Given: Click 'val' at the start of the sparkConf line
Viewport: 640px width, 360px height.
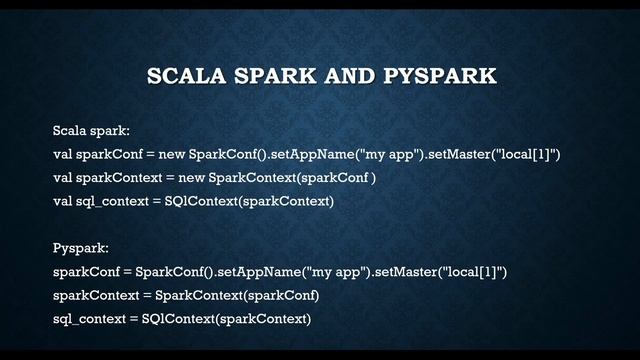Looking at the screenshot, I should pyautogui.click(x=64, y=154).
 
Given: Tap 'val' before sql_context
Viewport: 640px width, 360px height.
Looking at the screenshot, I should pyautogui.click(x=64, y=201).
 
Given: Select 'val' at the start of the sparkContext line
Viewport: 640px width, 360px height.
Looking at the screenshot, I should pyautogui.click(x=64, y=178).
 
